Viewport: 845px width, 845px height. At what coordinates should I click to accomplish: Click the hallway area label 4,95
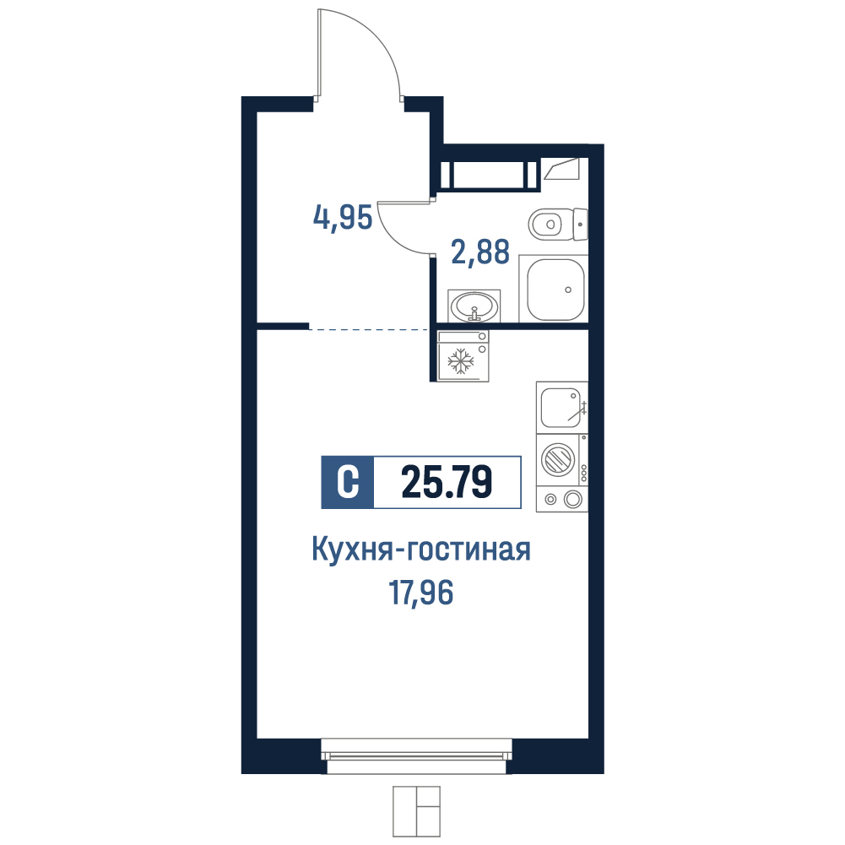(343, 219)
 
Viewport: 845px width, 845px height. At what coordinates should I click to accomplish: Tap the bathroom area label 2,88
(479, 252)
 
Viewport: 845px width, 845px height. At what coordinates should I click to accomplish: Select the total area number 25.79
(447, 482)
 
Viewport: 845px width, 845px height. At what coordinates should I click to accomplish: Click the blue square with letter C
(347, 482)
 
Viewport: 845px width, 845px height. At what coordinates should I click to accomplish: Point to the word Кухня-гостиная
(421, 550)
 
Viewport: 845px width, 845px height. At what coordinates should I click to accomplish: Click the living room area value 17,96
(421, 593)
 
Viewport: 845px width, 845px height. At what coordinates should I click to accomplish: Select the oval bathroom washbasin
(474, 306)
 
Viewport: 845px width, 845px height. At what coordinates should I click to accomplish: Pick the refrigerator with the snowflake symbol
(463, 356)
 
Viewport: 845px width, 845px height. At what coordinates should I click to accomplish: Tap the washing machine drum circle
(558, 460)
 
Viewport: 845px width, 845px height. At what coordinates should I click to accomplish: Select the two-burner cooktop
(562, 499)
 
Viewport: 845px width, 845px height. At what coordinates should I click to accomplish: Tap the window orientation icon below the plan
(416, 811)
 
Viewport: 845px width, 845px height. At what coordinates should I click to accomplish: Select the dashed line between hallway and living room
(369, 328)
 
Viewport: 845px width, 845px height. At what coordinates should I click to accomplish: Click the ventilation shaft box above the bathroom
(489, 175)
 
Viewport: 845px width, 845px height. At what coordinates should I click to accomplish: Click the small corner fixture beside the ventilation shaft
(561, 169)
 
